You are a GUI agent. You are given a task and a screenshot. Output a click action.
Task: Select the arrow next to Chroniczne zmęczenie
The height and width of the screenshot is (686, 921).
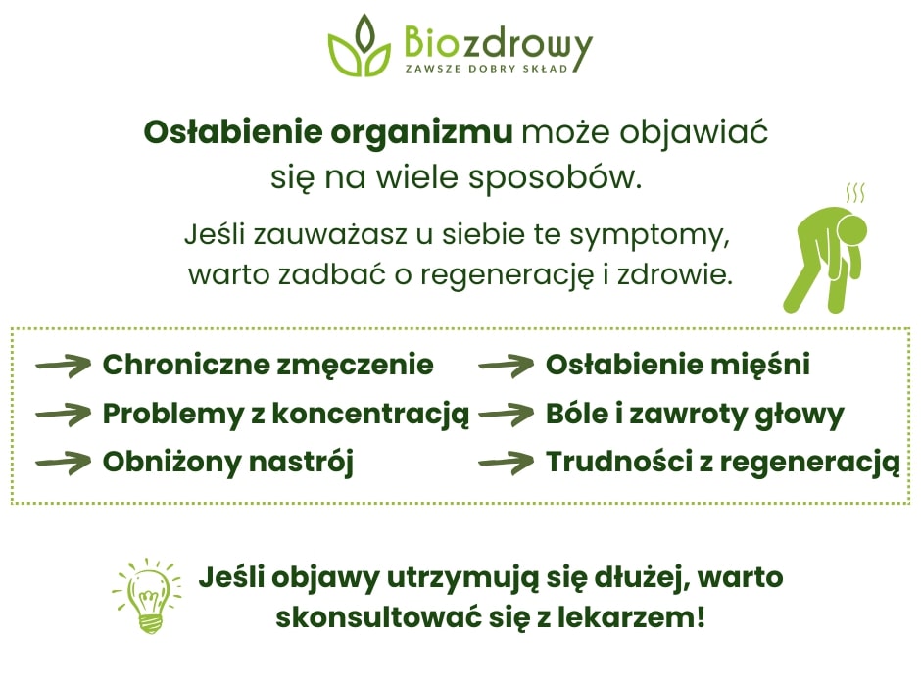(63, 367)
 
